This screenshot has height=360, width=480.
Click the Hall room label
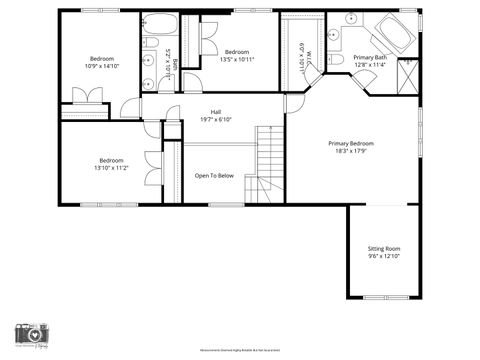pos(215,111)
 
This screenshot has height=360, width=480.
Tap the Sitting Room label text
pos(384,247)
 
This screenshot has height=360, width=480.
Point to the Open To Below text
pos(214,175)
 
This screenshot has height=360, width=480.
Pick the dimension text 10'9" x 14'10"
pos(102,66)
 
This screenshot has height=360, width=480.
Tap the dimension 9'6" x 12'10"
pos(384,256)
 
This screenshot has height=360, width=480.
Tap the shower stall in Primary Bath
pos(407,76)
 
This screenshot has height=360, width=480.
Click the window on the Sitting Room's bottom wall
pos(384,297)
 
